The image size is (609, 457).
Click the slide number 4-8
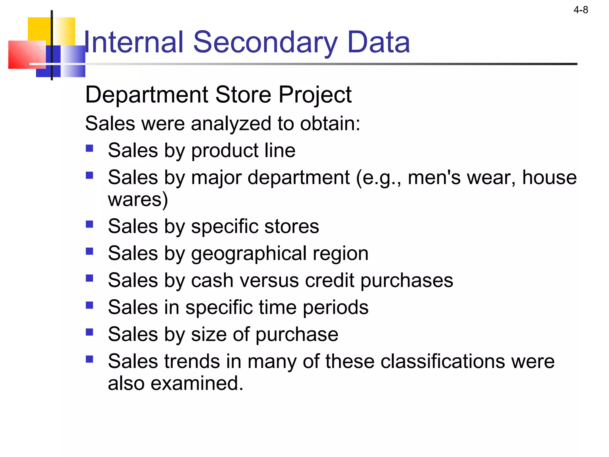[x=580, y=10]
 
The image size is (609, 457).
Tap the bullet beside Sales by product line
[x=90, y=148]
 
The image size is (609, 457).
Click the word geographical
[x=249, y=254]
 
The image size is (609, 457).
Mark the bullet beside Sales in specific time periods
[x=90, y=305]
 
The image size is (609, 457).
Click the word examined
[x=197, y=383]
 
